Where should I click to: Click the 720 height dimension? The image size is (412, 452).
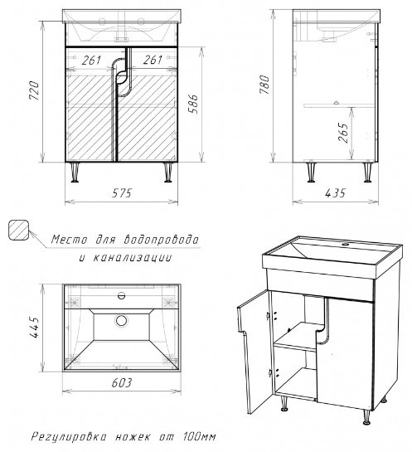click(x=34, y=90)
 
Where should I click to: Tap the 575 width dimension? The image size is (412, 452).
click(x=121, y=193)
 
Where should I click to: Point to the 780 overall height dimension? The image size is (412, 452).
click(x=264, y=85)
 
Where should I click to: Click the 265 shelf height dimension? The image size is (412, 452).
click(x=343, y=133)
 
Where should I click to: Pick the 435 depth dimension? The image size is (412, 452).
click(x=335, y=193)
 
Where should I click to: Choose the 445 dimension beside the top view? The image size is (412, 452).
click(x=34, y=327)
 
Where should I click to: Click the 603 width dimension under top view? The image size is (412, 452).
click(x=121, y=382)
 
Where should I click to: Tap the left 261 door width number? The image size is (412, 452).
click(x=92, y=61)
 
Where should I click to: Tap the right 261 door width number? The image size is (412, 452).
click(x=153, y=60)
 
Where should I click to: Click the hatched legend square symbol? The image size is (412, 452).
click(x=19, y=230)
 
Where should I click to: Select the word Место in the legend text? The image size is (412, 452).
click(x=69, y=240)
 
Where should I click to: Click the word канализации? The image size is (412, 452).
click(x=133, y=257)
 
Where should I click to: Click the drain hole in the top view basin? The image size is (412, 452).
click(x=121, y=321)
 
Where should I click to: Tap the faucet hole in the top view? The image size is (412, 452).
click(x=121, y=295)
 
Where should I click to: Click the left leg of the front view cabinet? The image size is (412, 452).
click(x=75, y=173)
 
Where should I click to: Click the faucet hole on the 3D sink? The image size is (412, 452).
click(x=345, y=245)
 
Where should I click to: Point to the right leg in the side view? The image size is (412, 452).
click(x=367, y=173)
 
